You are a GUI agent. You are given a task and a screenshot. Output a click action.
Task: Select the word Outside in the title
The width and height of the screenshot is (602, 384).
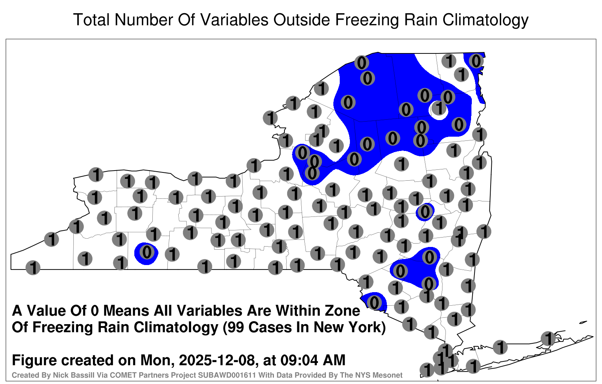[x=301, y=20]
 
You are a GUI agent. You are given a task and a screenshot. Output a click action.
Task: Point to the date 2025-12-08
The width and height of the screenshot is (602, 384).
[x=216, y=360]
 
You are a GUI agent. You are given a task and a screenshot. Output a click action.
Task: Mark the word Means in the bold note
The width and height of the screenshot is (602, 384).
[x=126, y=311]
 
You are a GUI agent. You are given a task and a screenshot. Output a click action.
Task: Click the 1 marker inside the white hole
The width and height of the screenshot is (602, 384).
[x=439, y=108]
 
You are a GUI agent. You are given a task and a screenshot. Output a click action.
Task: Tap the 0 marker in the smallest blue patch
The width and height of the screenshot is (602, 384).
[x=425, y=212]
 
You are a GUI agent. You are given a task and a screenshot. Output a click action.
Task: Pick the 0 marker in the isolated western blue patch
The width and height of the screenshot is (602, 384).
[x=147, y=252]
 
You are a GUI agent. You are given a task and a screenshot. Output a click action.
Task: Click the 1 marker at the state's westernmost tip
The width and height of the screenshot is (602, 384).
[x=33, y=268]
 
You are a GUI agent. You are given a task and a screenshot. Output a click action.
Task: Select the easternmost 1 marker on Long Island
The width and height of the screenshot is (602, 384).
[x=548, y=338]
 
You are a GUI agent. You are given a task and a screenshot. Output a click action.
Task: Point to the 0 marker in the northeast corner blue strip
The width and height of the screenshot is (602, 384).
[x=476, y=61]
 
